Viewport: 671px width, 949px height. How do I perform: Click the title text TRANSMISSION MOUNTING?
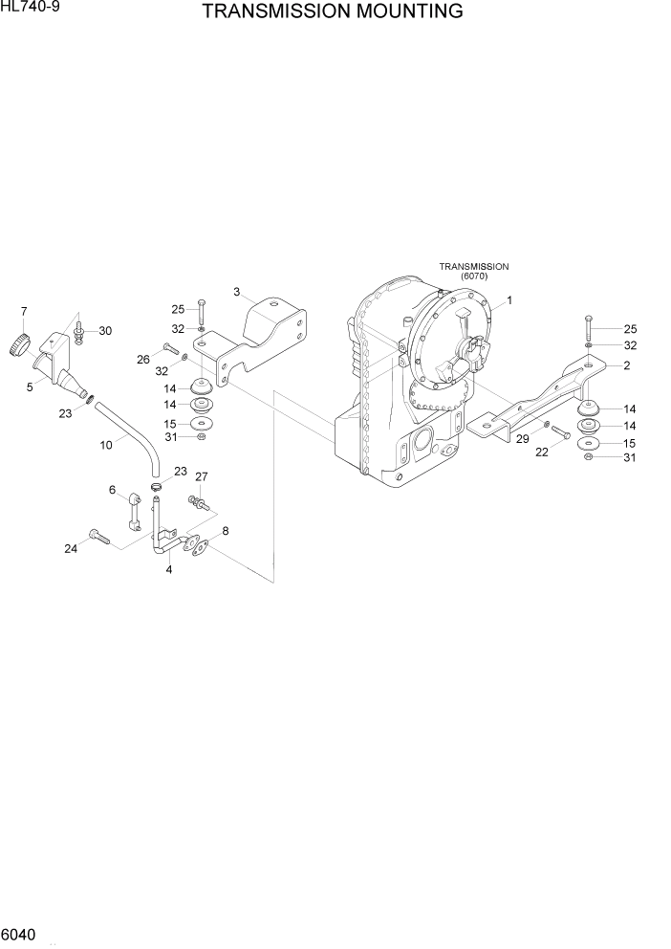(333, 11)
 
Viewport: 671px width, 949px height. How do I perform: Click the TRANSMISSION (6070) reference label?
(473, 271)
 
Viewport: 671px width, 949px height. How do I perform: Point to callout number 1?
(509, 300)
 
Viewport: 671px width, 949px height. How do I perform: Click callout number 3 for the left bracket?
(236, 291)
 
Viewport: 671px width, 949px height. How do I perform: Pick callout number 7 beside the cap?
(24, 311)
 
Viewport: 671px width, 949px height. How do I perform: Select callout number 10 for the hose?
(107, 444)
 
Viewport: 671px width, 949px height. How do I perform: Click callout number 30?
(105, 331)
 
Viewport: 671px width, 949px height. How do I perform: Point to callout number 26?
(143, 360)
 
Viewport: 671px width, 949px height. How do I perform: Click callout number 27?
(202, 476)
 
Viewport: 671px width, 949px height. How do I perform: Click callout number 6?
(112, 490)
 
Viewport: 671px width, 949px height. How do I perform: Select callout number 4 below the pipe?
(168, 570)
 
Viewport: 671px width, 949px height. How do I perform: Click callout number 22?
(541, 452)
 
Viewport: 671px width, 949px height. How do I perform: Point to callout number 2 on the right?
(626, 365)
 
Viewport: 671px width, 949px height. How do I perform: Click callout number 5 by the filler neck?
(30, 387)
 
